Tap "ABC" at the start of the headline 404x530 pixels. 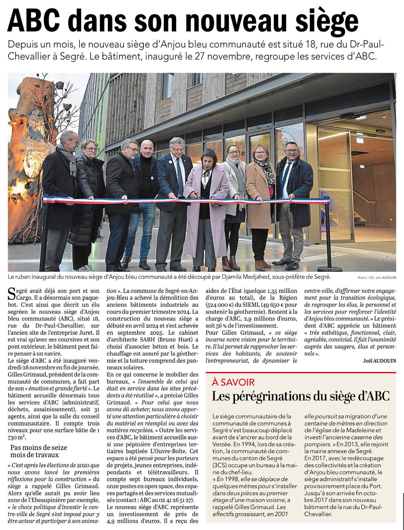click(x=34, y=21)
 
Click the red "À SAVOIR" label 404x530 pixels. click(x=233, y=382)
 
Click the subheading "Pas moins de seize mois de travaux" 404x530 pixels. click(x=39, y=451)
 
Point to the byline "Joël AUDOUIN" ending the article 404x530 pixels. click(x=379, y=361)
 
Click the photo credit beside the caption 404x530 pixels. click(x=377, y=278)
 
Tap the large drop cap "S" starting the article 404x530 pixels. click(x=11, y=294)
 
